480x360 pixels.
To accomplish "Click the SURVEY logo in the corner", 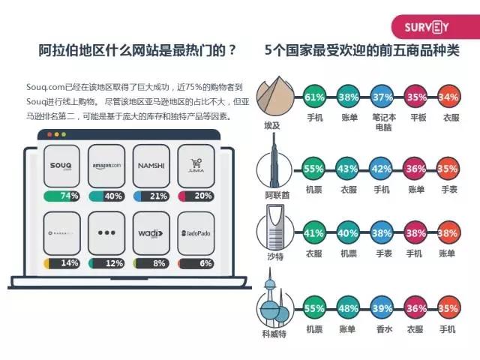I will [427, 28].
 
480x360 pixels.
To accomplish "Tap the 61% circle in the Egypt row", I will [315, 97].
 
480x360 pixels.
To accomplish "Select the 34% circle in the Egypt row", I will [448, 97].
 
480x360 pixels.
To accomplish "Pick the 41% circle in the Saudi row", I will [315, 233].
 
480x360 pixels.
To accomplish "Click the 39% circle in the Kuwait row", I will [381, 307].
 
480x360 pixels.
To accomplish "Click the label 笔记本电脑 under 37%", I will [382, 122].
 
